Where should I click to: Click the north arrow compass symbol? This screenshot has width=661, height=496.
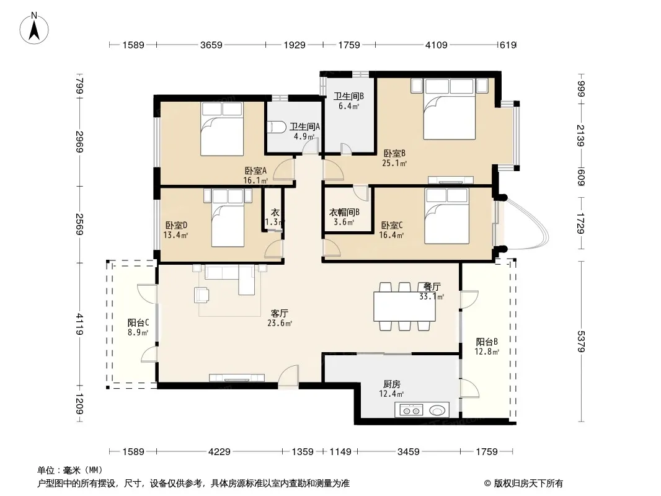point(34,28)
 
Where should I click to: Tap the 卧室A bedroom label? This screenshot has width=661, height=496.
point(255,170)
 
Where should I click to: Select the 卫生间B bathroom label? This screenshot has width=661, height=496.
point(348,96)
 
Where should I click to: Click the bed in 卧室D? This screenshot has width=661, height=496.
point(228,218)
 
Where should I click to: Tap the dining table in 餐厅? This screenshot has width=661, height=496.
point(405,306)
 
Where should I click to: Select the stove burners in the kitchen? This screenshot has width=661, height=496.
point(411,410)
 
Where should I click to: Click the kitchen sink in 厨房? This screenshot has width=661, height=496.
point(437,410)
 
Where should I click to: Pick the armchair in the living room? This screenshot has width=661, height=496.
point(202,294)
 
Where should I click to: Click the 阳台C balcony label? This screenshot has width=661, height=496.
point(138,323)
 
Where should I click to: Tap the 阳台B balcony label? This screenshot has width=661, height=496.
point(487,342)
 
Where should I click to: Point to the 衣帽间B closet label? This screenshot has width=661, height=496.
point(344,213)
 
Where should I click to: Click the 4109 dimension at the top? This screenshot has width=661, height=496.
point(436,45)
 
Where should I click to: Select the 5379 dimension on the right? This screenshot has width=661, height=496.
point(581,342)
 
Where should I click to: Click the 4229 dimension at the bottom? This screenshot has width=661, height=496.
point(220,452)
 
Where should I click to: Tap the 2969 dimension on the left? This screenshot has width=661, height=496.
point(79,142)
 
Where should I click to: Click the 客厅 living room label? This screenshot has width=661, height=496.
point(279,314)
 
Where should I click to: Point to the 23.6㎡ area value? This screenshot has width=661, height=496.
point(280,323)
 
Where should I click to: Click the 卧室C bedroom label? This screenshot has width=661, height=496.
point(392,226)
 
